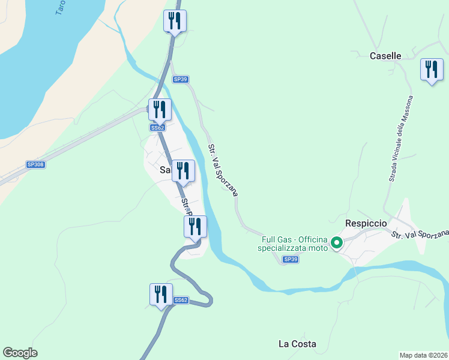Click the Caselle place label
click(385, 56)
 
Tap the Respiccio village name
click(364, 223)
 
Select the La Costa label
click(297, 344)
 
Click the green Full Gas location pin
click(337, 243)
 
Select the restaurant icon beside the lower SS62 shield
click(160, 295)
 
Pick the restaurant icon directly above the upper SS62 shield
click(160, 110)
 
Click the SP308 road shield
click(36, 164)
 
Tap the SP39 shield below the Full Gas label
click(290, 259)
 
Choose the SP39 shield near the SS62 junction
click(181, 79)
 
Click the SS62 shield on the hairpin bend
click(181, 300)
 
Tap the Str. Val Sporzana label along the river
click(223, 170)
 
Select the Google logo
click(20, 353)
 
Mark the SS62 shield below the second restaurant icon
click(157, 128)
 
